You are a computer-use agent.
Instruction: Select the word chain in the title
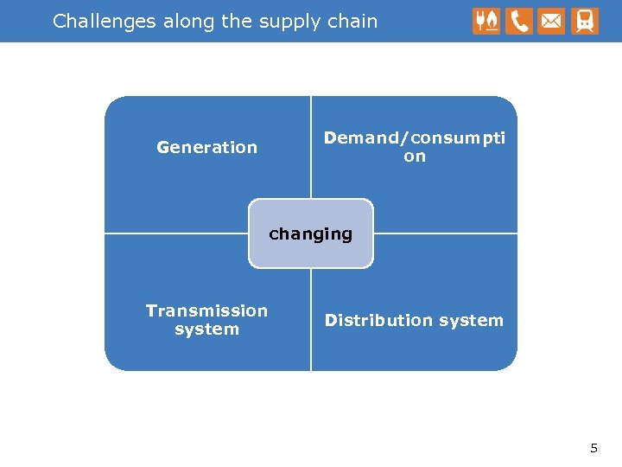point(353,22)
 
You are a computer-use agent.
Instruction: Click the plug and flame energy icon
point(486,22)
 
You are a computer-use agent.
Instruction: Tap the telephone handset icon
point(519,22)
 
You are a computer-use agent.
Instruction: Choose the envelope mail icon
point(551,22)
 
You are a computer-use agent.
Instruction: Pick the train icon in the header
point(585,22)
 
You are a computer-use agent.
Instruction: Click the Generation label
point(207,147)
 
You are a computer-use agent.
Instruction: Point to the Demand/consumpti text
point(415,138)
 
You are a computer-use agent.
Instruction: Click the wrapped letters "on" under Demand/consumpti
point(415,157)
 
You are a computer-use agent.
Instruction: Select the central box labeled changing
point(311,233)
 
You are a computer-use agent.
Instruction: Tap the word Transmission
point(207,310)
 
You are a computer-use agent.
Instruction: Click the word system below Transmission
point(207,329)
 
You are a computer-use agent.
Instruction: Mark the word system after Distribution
point(471,320)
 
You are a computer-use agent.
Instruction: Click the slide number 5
point(593,448)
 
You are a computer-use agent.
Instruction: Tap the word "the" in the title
point(237,22)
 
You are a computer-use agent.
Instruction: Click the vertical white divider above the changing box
point(311,147)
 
